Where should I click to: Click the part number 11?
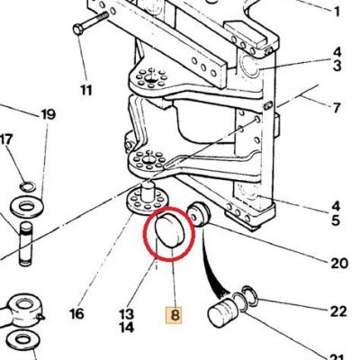pyautogui.click(x=85, y=90)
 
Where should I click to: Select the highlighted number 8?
pyautogui.click(x=173, y=316)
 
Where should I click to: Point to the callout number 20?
pyautogui.click(x=338, y=263)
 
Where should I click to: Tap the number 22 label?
pyautogui.click(x=338, y=311)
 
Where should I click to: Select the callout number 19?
pyautogui.click(x=48, y=115)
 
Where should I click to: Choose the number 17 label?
pyautogui.click(x=7, y=139)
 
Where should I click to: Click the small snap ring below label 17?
pyautogui.click(x=29, y=186)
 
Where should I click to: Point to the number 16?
pyautogui.click(x=76, y=314)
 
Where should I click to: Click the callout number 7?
pyautogui.click(x=337, y=109)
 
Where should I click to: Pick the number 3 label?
pyautogui.click(x=337, y=67)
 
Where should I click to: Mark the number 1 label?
pyautogui.click(x=337, y=12)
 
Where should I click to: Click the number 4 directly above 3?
pyautogui.click(x=337, y=52)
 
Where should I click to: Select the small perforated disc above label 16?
pyautogui.click(x=143, y=196)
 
